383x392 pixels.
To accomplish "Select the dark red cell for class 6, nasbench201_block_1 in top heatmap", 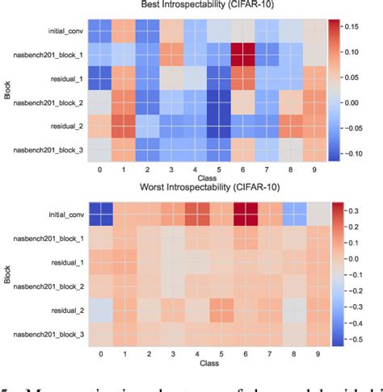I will [238, 55].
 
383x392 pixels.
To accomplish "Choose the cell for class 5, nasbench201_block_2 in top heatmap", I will [214, 102].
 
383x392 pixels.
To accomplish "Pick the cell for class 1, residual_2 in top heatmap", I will [122, 127].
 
